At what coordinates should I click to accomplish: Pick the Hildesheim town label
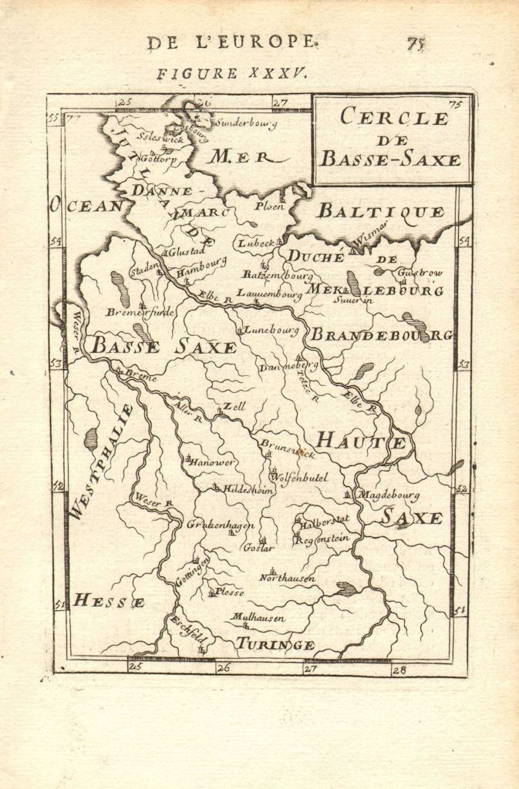pos(248,489)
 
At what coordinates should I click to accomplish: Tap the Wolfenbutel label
pos(302,478)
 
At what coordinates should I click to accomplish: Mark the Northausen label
pos(287,578)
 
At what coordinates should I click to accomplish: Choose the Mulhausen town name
pos(258,617)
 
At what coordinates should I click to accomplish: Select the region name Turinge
pos(275,644)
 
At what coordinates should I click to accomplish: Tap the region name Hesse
pos(108,601)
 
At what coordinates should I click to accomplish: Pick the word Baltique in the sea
pos(381,211)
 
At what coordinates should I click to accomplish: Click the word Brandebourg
pos(381,335)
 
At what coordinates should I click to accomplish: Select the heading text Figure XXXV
pos(232,73)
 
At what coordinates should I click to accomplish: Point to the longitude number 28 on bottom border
pos(398,670)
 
